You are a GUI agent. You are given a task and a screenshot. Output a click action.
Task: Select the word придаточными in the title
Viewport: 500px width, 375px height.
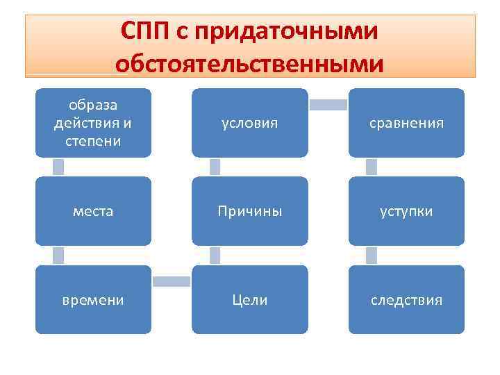coord(289,31)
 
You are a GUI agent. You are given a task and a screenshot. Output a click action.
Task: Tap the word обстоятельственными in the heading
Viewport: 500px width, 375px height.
coord(249,64)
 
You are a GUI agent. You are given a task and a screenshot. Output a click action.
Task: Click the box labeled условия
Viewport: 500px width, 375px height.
coord(249,123)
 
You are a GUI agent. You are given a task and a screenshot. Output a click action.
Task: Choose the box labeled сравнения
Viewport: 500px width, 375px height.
coord(406,123)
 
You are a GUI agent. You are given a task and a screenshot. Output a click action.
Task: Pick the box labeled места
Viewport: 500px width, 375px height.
coord(93,211)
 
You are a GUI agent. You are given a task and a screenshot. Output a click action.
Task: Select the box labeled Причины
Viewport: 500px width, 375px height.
coord(249,211)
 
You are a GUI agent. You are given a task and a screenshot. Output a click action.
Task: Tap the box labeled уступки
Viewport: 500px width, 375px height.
coord(406,211)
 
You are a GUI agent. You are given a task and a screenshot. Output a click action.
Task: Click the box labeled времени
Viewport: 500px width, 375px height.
coord(93,300)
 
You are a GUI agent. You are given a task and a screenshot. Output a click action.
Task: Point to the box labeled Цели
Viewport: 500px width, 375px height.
coord(249,300)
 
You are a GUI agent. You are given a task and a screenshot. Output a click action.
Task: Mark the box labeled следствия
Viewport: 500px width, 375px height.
coord(406,300)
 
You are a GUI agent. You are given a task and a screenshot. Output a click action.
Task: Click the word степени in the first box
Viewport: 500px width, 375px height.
coord(93,141)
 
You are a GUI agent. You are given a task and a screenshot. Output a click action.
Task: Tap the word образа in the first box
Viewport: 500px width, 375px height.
coord(93,105)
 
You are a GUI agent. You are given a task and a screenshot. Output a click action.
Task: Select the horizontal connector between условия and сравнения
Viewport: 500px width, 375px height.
coord(328,105)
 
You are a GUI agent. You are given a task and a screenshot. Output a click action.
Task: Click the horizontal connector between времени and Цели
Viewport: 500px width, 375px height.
coord(172,281)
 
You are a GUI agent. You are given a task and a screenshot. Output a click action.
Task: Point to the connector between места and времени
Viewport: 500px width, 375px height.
coord(58,256)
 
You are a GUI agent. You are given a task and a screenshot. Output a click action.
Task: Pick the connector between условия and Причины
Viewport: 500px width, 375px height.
coord(215,167)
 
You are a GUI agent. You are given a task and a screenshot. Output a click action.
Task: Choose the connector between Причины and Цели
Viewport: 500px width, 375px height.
coord(215,256)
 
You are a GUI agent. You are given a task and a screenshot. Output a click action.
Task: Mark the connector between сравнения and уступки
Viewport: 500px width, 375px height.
coord(372,167)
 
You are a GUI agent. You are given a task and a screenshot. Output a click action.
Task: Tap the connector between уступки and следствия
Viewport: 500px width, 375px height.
coord(372,256)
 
